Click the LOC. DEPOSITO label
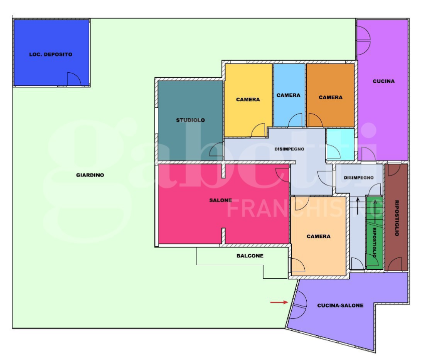[x=51, y=54]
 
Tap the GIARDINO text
[x=90, y=175]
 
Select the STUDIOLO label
[x=190, y=120]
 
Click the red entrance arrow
[x=279, y=302]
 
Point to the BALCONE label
[x=250, y=256]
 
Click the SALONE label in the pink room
[x=221, y=201]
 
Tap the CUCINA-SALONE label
[x=340, y=305]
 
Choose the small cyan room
[x=340, y=144]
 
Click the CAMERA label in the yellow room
[x=248, y=99]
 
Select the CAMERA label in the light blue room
[x=289, y=95]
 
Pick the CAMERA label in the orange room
[x=331, y=97]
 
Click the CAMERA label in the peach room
[x=319, y=237]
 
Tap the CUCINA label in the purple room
[x=383, y=81]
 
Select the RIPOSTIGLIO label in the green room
[x=374, y=243]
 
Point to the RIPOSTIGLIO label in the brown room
[x=396, y=218]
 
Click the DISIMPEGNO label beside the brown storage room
[x=359, y=178]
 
